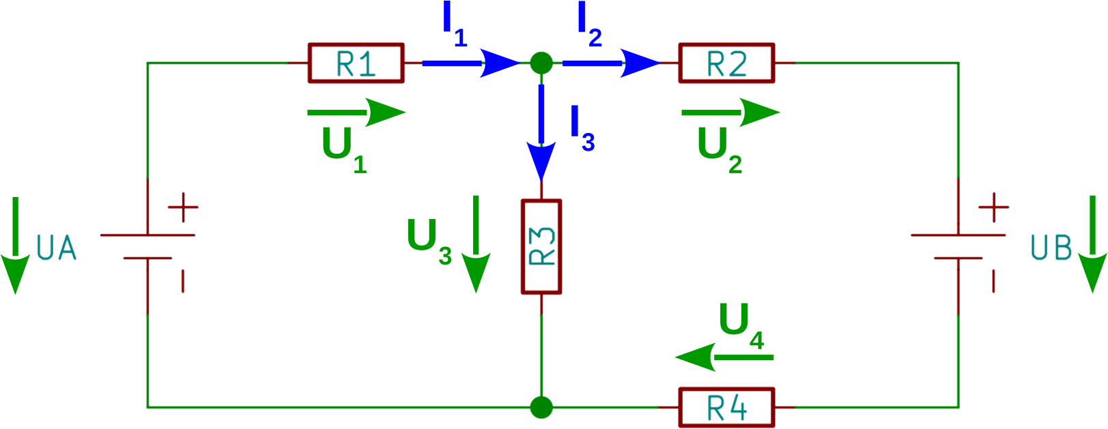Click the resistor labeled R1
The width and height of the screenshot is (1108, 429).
point(356,63)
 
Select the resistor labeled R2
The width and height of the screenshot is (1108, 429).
point(726,63)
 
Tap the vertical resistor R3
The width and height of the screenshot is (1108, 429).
point(541,247)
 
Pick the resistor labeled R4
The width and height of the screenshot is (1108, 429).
point(726,407)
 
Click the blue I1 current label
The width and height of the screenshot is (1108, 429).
point(453,26)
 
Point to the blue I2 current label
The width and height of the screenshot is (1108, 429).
point(588,26)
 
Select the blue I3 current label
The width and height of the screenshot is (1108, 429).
point(582,128)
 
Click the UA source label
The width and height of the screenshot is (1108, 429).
point(56,248)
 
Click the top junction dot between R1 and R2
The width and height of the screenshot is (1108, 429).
point(541,63)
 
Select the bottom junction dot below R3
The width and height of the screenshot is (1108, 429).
point(541,407)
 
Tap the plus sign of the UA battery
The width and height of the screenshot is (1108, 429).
point(183,207)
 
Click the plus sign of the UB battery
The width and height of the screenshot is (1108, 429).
point(993,207)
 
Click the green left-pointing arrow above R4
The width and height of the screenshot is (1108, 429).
point(724,357)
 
